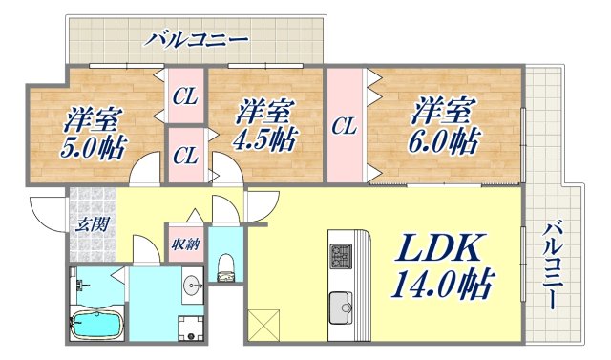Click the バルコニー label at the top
click(x=197, y=40)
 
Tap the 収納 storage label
click(x=184, y=244)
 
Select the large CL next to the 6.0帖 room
click(x=345, y=125)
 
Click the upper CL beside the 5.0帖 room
click(x=185, y=95)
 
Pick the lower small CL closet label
click(x=185, y=153)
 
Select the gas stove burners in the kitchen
click(x=341, y=256)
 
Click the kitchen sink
click(x=342, y=307)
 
